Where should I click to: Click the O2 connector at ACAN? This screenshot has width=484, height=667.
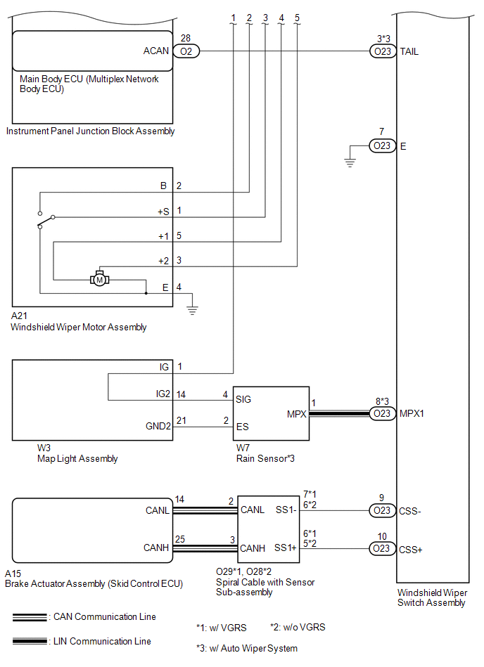coord(186,51)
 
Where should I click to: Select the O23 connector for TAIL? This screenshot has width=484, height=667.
coord(382,51)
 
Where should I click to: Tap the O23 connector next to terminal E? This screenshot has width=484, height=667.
coord(382,146)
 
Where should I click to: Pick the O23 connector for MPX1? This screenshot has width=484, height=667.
coord(382,414)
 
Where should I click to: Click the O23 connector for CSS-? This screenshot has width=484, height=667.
coord(382,510)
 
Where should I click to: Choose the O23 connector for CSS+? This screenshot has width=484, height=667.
coord(382,548)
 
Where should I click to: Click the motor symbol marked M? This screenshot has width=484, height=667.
coord(99,279)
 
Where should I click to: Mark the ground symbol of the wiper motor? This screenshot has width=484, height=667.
coord(192,309)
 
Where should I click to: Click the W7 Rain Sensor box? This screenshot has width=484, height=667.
coord(271,413)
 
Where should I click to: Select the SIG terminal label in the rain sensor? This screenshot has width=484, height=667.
coord(243,399)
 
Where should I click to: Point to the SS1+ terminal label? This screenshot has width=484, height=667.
coord(286,548)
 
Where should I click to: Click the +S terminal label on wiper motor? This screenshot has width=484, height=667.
coord(163,211)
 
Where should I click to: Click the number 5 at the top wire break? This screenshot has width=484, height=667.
coord(297,17)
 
